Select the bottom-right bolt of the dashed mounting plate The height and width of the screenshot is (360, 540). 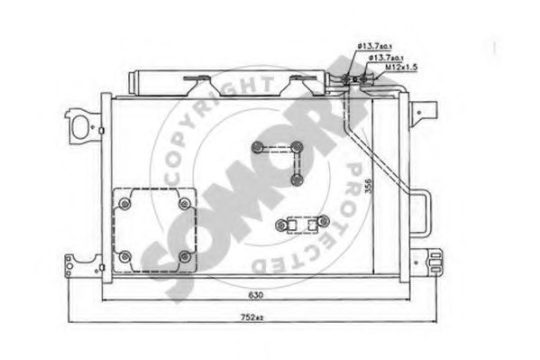coord(184,256)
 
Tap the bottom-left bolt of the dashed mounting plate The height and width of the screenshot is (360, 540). coord(124,256)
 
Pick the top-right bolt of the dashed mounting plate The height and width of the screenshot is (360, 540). coord(184,203)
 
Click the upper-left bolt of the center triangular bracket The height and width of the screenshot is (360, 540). coord(259,149)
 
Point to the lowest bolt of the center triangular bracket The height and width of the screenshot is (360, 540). coord(296,180)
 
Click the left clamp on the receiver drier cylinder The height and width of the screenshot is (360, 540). coord(194,87)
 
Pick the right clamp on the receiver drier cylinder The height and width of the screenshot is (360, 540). coord(297,87)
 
